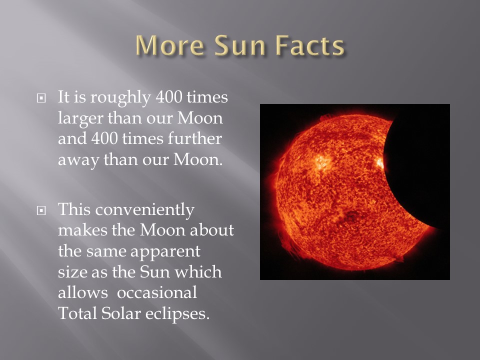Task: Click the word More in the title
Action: click(x=170, y=45)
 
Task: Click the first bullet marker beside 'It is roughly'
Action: click(x=41, y=98)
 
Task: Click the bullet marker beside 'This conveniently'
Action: click(x=41, y=210)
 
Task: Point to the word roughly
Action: click(x=120, y=98)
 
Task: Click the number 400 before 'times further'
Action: click(x=104, y=138)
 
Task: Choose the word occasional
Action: click(x=157, y=292)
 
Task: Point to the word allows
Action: click(x=82, y=292)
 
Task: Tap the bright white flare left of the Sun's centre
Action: click(x=321, y=161)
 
